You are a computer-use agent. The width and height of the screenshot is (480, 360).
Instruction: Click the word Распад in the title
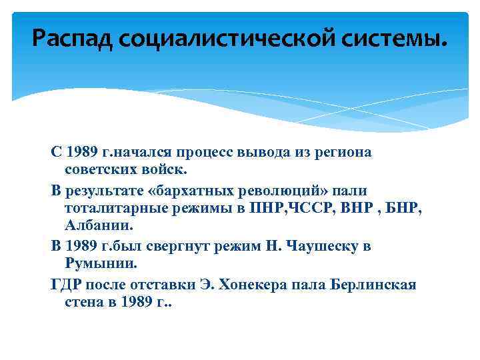[73, 41]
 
